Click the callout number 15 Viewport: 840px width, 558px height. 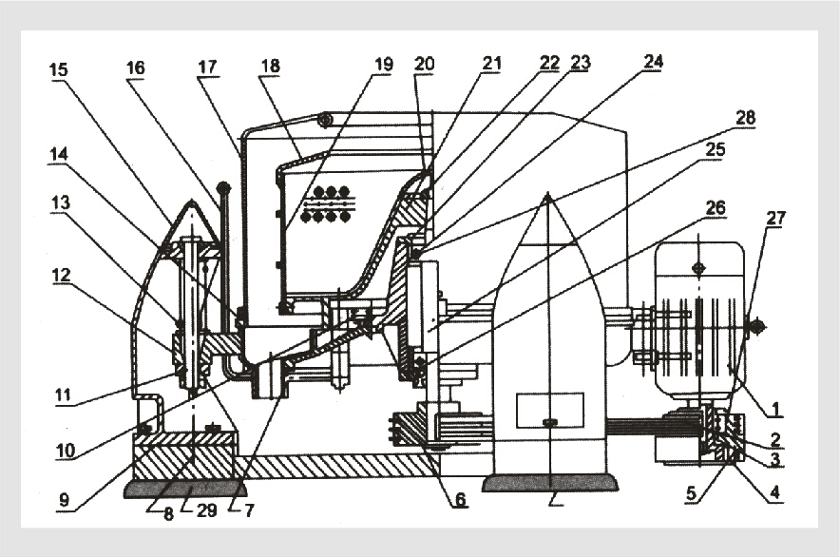59,69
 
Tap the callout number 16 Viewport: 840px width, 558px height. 136,68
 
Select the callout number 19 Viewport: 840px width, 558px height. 384,65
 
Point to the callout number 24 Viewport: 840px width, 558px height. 653,62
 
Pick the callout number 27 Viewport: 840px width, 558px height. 775,218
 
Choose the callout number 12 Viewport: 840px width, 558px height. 61,276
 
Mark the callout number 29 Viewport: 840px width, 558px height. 206,510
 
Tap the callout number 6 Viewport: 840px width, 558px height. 460,500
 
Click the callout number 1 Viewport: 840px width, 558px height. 773,410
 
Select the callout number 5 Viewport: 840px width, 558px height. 692,493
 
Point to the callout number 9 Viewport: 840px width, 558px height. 64,500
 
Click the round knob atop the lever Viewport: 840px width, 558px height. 223,188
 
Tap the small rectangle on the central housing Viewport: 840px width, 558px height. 549,410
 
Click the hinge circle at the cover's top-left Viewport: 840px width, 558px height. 324,120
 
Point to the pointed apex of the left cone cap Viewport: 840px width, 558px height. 191,201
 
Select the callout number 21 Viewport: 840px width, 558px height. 492,64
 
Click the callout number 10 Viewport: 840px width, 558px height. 66,451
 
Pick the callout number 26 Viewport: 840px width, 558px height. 716,207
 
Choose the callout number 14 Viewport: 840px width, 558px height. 59,154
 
